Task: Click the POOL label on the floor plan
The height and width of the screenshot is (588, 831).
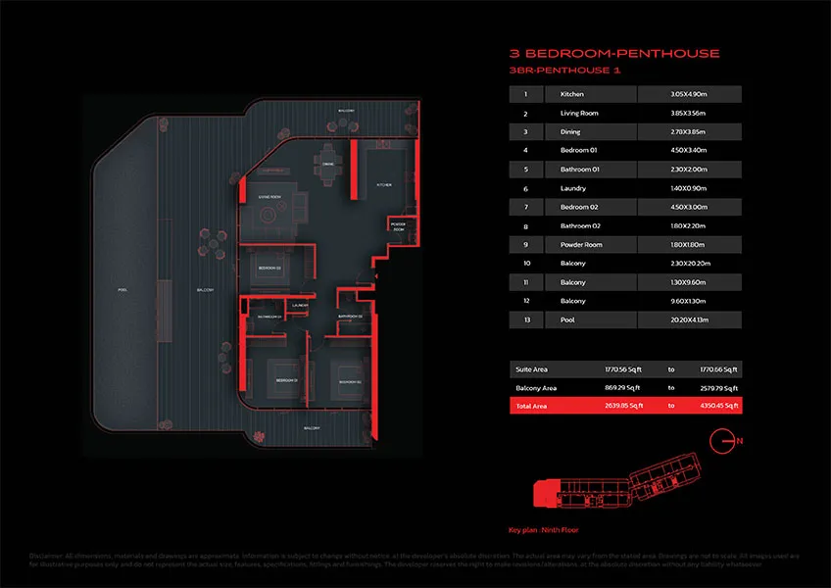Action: (122, 290)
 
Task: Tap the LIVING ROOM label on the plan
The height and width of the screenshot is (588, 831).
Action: (271, 197)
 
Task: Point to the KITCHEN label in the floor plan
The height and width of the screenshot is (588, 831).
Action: (385, 184)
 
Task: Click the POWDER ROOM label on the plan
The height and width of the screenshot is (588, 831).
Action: (398, 227)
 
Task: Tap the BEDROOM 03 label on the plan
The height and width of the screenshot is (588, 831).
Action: (270, 268)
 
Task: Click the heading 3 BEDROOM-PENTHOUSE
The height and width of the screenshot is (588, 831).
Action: (614, 53)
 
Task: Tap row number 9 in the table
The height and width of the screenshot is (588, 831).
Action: (526, 245)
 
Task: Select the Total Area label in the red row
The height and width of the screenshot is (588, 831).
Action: (533, 406)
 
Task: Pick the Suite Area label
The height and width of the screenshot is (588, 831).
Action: (533, 369)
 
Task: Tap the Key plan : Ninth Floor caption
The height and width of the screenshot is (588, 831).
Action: (544, 529)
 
